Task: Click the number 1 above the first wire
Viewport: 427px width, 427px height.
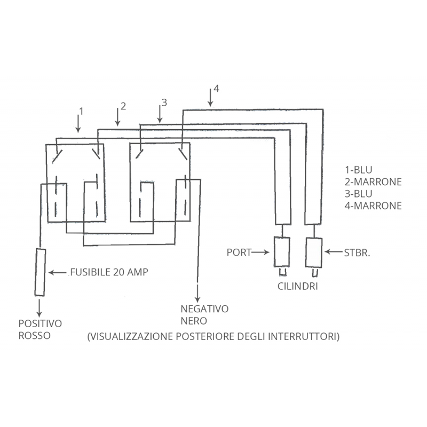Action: pos(81,112)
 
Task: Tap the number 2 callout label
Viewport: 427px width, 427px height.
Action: pos(123,106)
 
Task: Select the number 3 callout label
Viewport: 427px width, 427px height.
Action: pos(164,102)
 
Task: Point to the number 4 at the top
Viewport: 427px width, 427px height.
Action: pos(216,88)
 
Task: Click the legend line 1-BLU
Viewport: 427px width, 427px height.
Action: pos(358,170)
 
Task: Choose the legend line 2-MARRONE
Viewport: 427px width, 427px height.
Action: pos(373,181)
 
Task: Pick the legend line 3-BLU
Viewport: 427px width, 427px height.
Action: pos(358,194)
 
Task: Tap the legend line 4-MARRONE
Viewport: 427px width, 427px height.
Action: pos(373,205)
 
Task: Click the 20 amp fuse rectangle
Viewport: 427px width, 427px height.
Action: pos(40,272)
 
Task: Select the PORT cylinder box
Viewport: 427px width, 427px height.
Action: pos(282,252)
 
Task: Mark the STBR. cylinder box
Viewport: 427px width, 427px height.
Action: pos(314,252)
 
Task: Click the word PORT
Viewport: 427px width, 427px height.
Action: pos(239,252)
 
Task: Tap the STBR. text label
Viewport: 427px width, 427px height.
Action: pos(357,253)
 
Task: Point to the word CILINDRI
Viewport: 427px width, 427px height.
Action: pos(298,286)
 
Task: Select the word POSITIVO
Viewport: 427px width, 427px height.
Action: pos(41,323)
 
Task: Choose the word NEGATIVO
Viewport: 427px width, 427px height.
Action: pos(204,309)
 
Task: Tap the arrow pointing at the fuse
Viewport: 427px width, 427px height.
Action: pos(58,272)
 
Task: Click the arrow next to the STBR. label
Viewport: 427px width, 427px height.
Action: pos(333,252)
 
